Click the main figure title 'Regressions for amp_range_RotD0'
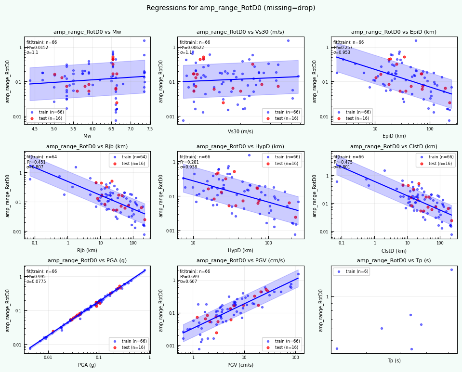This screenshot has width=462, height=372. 231,8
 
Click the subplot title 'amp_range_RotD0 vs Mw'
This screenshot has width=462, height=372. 87,32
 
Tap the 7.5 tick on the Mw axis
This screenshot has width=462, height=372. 150,129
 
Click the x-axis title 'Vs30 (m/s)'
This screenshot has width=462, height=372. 240,131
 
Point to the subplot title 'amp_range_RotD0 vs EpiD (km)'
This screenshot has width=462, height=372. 394,32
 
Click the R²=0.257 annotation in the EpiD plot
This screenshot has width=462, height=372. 343,48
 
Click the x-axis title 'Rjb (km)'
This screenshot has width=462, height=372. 87,250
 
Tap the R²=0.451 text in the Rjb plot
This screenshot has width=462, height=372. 37,162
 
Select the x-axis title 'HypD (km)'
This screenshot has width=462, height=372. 240,250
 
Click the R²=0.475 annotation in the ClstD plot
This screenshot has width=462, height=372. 343,162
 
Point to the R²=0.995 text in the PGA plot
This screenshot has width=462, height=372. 37,277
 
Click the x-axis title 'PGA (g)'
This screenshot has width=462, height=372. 87,365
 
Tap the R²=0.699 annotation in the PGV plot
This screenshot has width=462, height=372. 190,277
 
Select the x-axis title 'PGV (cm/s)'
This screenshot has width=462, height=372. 240,365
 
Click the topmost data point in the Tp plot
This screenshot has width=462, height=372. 451,269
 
